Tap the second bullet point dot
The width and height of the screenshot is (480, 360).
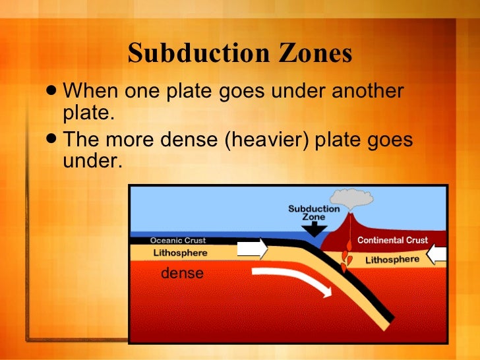[53, 140]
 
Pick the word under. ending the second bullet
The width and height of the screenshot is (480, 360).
[93, 160]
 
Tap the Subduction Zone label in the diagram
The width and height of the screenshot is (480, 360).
[314, 212]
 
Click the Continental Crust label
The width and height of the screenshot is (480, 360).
[392, 241]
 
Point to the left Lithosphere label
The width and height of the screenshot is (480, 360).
[180, 253]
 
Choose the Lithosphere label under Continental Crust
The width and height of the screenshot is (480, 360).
[392, 260]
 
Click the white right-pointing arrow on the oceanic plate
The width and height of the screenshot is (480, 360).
[252, 248]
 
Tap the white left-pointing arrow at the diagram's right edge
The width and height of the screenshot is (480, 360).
[436, 253]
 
